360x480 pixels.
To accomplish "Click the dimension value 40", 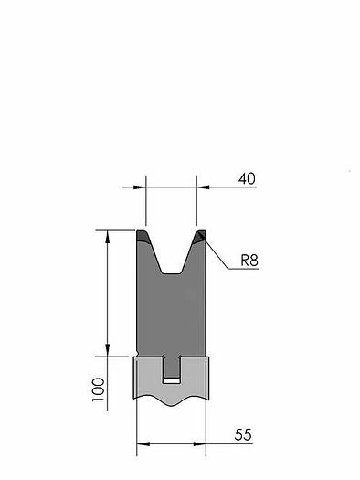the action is coord(247,179).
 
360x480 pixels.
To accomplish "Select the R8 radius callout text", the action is coord(249,261).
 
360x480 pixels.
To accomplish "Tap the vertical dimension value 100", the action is coord(99,389).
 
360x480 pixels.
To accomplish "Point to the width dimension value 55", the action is coord(243,434).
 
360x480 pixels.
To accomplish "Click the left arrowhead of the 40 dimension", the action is coord(140,187).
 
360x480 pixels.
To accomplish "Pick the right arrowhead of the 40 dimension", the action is coord(203,187).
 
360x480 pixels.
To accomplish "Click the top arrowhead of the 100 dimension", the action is coord(107,236).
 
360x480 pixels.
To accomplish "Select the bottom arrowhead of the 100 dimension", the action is coord(107,350).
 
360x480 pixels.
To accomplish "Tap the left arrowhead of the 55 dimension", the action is coord(143,443).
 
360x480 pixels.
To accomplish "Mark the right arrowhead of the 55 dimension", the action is coord(200,443).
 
